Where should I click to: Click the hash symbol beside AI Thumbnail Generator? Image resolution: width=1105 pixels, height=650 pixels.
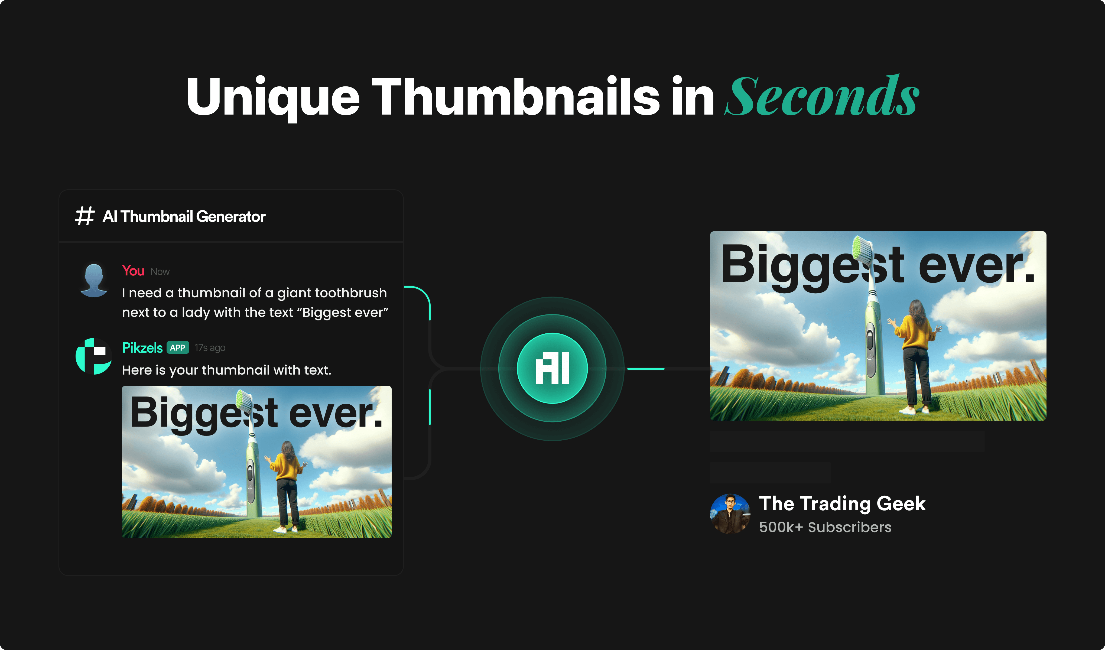[84, 216]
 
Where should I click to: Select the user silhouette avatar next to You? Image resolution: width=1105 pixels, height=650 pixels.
[94, 281]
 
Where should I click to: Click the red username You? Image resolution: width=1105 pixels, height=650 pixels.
[133, 271]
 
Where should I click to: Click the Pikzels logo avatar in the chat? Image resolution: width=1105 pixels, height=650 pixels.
[93, 356]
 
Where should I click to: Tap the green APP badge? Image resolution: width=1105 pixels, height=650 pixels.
[178, 348]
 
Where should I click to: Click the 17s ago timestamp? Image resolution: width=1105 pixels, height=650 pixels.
[210, 348]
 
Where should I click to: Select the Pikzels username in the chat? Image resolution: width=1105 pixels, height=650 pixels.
[142, 348]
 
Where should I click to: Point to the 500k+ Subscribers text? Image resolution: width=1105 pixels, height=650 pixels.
[825, 527]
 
